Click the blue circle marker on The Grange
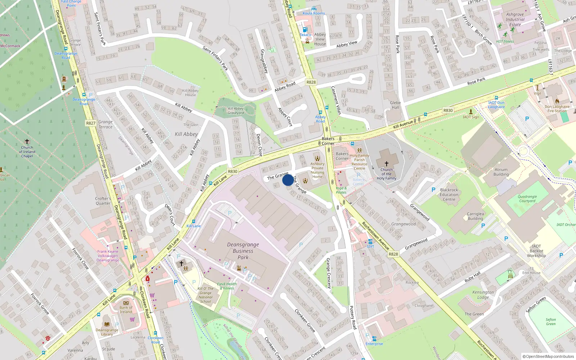(288, 180)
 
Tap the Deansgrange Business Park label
(243, 251)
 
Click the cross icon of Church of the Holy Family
(387, 164)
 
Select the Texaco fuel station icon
(305, 30)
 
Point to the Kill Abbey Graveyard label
(236, 111)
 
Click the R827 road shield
(91, 123)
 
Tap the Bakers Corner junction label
(328, 141)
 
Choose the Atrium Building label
(501, 172)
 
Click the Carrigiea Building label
(475, 216)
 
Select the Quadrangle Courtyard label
(527, 199)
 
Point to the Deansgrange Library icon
(107, 324)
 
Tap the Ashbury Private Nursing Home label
(318, 170)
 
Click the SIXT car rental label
(370, 246)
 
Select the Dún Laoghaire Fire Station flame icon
(557, 101)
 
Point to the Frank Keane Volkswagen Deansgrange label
(108, 256)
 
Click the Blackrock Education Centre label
(449, 194)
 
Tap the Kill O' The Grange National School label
(206, 295)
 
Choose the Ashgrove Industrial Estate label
(515, 19)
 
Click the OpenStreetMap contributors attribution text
(548, 356)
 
